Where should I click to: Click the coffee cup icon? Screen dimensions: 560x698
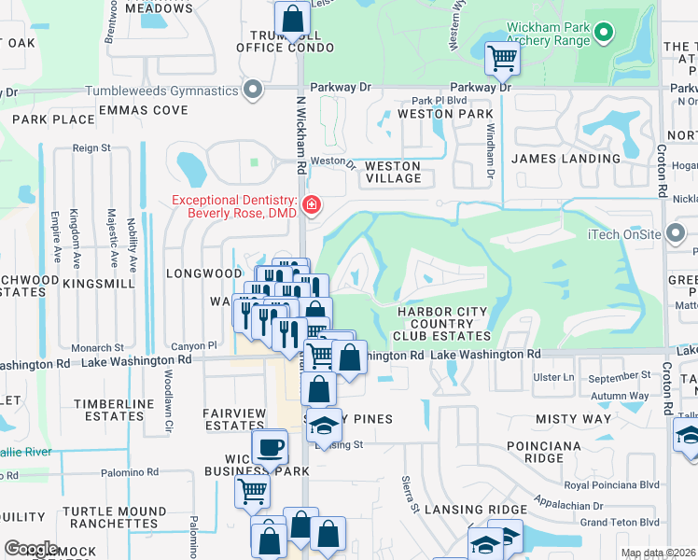click(x=270, y=447)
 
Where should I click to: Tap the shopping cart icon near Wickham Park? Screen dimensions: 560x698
click(x=502, y=59)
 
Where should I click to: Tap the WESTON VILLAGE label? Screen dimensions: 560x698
click(x=392, y=172)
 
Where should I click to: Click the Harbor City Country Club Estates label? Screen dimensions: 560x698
click(x=443, y=323)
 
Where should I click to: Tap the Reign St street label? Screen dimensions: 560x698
click(x=91, y=147)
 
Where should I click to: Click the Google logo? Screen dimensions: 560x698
click(x=32, y=549)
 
